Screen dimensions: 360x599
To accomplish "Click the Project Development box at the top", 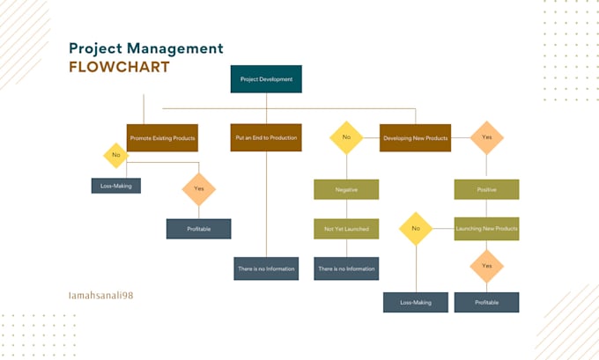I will (266, 79).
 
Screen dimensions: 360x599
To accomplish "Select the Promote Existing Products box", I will (163, 138).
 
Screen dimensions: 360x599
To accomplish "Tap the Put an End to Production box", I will (265, 138).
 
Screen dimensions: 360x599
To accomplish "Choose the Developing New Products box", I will (414, 138).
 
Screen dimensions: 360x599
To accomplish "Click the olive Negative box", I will (346, 189).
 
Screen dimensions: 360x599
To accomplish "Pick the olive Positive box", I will (486, 189).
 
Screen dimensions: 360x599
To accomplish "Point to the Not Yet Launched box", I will (346, 229).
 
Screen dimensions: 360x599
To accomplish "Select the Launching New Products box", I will (486, 229).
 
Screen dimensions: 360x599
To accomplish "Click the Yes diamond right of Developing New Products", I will (486, 137).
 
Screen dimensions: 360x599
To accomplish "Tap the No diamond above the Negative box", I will (346, 137).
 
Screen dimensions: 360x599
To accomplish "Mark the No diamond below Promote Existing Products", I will (115, 156).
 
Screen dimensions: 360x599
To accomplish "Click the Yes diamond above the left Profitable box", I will (198, 188).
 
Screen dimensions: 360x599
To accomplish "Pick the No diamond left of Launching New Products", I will (416, 228).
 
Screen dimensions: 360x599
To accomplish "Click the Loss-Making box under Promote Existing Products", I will (115, 186).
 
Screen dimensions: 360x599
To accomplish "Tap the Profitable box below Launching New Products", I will (486, 302).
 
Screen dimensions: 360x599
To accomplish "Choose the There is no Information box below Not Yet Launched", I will (346, 268).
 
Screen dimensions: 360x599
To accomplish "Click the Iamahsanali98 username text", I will (100, 296).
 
